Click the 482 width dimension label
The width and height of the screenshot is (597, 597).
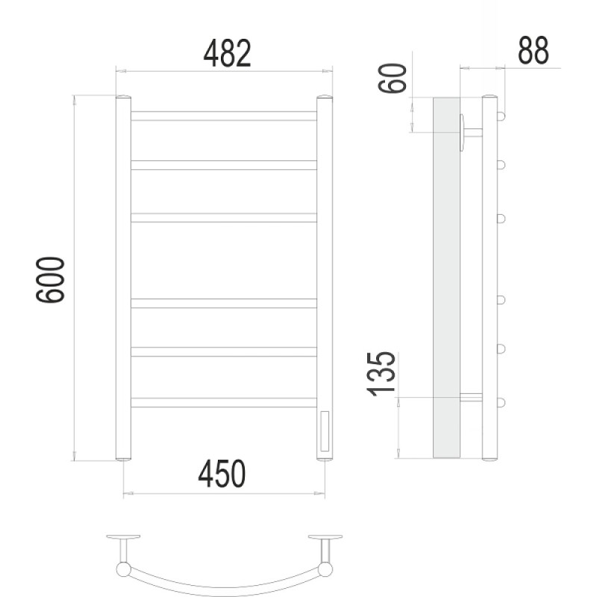[x=228, y=53]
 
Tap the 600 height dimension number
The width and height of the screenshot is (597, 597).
[x=51, y=280]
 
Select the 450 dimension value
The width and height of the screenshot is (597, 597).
[x=222, y=474]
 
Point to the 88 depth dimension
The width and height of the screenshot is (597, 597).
[x=534, y=50]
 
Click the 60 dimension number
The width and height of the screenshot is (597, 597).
[x=393, y=78]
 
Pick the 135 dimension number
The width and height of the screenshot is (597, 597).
[x=381, y=375]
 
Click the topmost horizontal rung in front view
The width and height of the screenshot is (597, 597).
[x=224, y=116]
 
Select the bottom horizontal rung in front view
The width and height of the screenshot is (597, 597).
[x=224, y=403]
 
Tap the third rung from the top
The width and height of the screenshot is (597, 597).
[x=224, y=217]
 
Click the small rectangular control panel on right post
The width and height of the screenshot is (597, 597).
[x=325, y=431]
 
